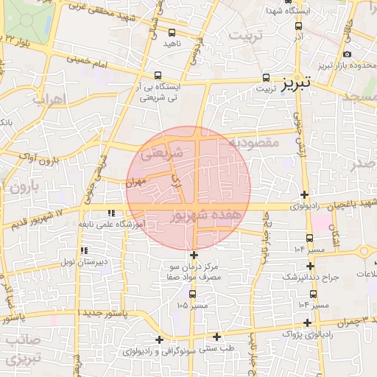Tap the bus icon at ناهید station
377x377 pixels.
[x=172, y=32]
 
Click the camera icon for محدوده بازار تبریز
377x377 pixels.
[x=347, y=54]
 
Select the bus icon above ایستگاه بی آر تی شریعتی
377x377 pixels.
[x=158, y=75]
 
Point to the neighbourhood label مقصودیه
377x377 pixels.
[x=253, y=141]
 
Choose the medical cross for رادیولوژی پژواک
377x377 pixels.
[x=306, y=322]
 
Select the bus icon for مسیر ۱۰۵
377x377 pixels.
[x=192, y=294]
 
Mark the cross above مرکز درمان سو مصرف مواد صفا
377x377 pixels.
[x=194, y=254]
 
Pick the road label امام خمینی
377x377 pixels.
[x=111, y=66]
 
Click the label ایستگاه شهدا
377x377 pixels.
[x=321, y=13]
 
